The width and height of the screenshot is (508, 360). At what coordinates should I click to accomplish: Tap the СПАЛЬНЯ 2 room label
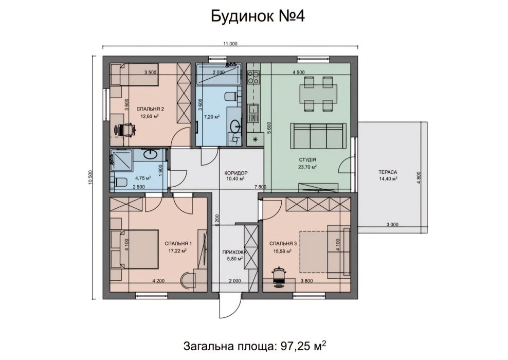click(x=150, y=109)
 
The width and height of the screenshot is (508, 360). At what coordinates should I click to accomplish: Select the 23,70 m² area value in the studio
click(x=307, y=167)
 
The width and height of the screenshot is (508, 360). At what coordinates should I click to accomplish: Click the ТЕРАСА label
click(x=389, y=173)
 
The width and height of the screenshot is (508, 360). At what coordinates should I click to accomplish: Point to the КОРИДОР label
click(x=237, y=173)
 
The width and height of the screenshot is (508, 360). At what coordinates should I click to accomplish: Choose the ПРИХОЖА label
click(x=235, y=253)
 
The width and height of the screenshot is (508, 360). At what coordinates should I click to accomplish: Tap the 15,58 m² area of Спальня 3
click(x=283, y=251)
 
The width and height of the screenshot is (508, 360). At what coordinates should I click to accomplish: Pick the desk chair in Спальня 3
click(x=280, y=276)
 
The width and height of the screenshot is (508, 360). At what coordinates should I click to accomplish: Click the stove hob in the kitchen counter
click(x=253, y=78)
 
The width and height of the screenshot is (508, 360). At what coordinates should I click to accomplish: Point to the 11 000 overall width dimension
click(x=230, y=44)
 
